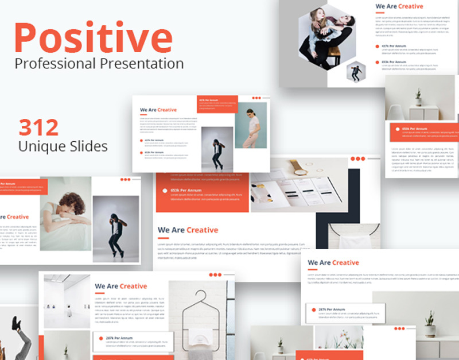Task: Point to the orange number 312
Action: (39, 127)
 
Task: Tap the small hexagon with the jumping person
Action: (356, 71)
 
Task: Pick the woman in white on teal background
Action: (251, 125)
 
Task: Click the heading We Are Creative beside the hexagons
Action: (399, 7)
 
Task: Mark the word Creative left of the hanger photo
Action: (133, 286)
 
